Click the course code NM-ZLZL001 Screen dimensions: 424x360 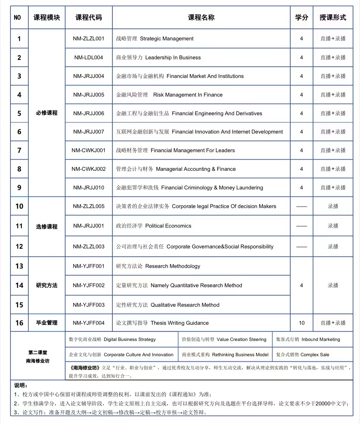coord(89,38)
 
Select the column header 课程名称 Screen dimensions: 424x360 coord(201,17)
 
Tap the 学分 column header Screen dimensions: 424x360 coord(301,17)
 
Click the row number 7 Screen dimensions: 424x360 coord(19,150)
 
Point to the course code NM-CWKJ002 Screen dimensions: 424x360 coord(89,169)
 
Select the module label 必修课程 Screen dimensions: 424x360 coord(47,113)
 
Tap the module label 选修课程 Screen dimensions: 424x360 coord(47,226)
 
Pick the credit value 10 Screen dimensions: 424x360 coord(302,323)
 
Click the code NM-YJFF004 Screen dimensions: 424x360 coord(89,323)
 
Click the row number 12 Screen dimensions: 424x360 coord(19,247)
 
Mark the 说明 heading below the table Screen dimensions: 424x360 coord(21,386)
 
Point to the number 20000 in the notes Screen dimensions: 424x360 coord(323,404)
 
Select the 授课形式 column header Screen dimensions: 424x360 coord(333,17)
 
